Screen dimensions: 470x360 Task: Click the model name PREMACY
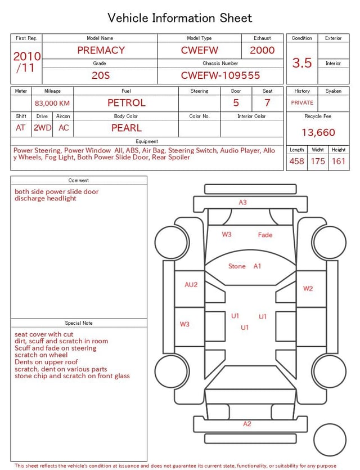[x=101, y=50]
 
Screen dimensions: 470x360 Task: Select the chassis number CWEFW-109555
[x=220, y=75]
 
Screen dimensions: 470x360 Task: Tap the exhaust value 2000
[x=262, y=50]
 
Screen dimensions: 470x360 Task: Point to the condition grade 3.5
[x=302, y=63]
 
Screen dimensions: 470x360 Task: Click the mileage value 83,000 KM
[x=52, y=104]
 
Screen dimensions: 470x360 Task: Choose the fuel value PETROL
[x=126, y=103]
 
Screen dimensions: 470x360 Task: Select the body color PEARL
[x=126, y=128]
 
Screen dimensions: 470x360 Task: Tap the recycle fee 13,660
[x=318, y=132]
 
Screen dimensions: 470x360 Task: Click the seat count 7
[x=267, y=103]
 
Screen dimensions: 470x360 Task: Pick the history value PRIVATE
[x=302, y=103]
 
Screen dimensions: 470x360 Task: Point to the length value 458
[x=296, y=161]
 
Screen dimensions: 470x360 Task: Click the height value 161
[x=338, y=161]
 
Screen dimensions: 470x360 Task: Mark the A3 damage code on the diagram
[x=242, y=202]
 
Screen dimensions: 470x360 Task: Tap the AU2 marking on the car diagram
[x=191, y=285]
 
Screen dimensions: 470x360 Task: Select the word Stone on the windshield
[x=237, y=266]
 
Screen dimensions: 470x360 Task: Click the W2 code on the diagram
[x=308, y=289]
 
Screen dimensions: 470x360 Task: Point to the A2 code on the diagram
[x=247, y=424]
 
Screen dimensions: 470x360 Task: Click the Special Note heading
[x=79, y=323]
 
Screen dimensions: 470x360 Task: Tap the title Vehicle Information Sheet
[x=180, y=18]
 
